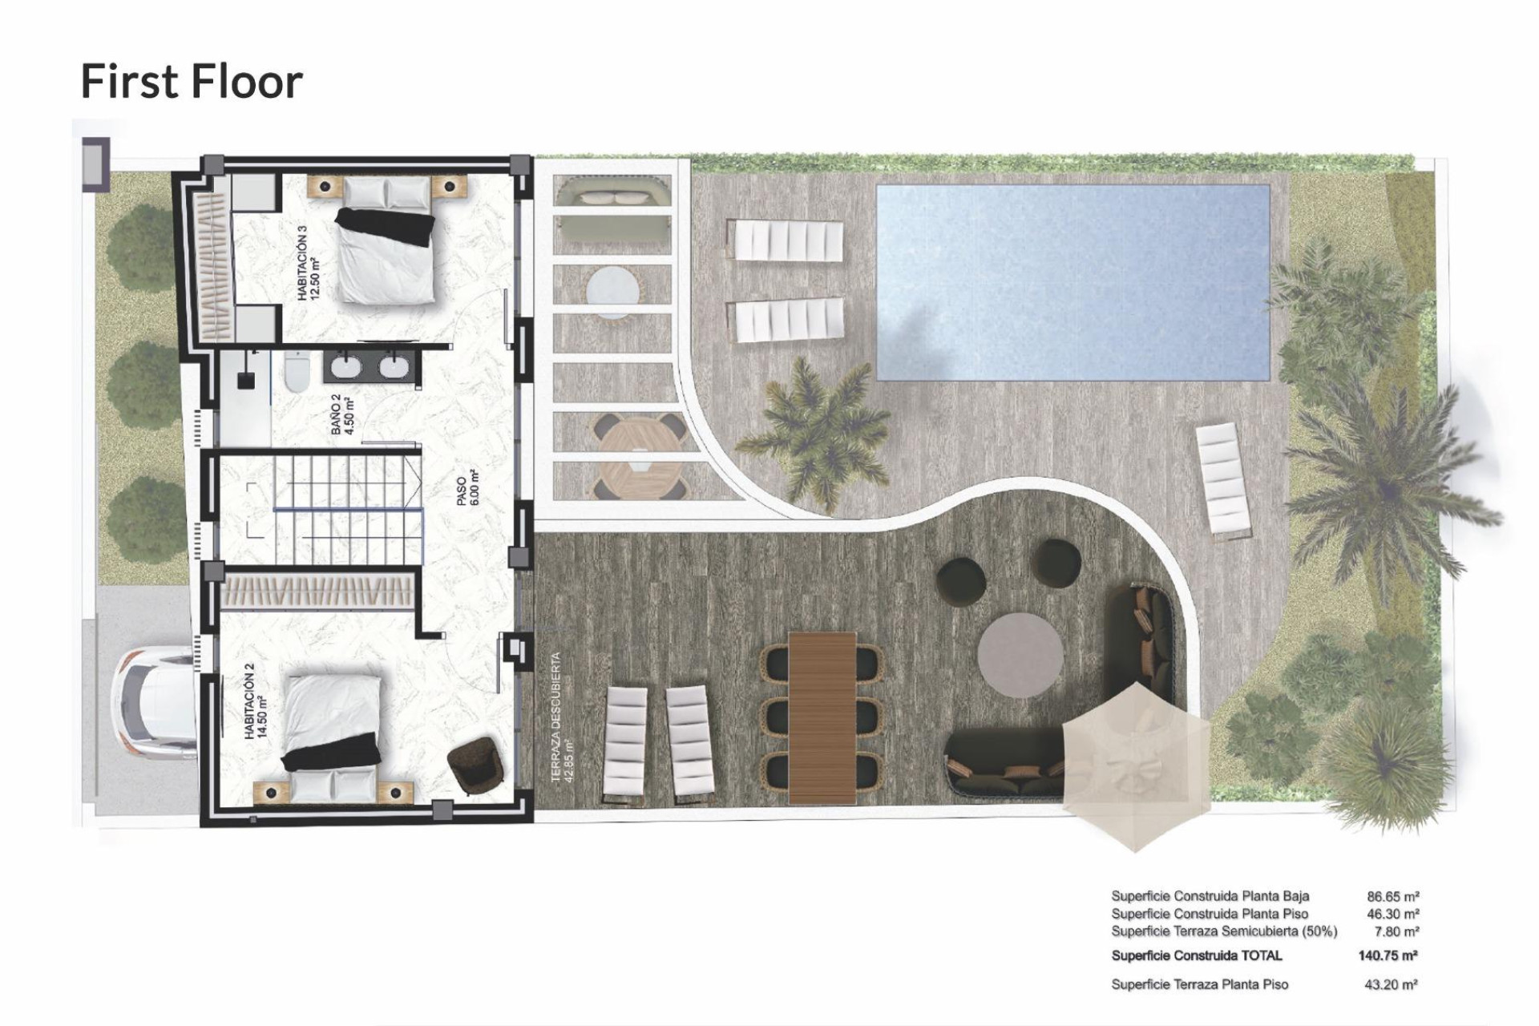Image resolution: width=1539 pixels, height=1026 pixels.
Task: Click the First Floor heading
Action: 192,82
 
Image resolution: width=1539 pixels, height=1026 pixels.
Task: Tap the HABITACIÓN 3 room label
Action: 308,263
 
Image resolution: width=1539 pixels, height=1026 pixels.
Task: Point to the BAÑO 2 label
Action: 341,413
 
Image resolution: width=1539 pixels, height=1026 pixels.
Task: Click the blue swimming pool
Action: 1072,282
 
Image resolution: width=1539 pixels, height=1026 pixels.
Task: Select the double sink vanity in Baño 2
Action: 371,368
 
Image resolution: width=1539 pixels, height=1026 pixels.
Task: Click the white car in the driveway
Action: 155,697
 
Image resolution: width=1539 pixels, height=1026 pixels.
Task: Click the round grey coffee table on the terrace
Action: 1020,655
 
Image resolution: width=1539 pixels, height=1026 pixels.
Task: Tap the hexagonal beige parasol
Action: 1136,765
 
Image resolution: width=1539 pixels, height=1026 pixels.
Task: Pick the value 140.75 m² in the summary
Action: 1388,955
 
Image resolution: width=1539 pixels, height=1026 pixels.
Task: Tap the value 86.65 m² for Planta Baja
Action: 1393,896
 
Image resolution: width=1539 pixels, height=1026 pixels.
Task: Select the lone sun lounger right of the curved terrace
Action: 1223,479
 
